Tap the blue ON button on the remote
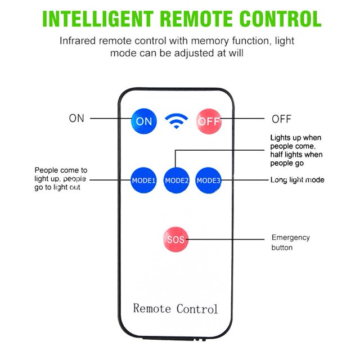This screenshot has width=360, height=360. pyautogui.click(x=144, y=121)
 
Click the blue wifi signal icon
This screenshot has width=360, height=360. pyautogui.click(x=176, y=121)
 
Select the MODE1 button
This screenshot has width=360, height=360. pyautogui.click(x=143, y=180)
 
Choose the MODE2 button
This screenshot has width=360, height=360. pyautogui.click(x=176, y=181)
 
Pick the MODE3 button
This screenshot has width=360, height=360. pyautogui.click(x=208, y=181)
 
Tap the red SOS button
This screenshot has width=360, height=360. pyautogui.click(x=175, y=240)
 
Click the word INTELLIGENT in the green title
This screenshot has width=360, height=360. pyautogui.click(x=98, y=19)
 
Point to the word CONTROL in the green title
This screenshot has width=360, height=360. pyautogui.click(x=280, y=19)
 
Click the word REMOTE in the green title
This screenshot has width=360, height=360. pyautogui.click(x=197, y=19)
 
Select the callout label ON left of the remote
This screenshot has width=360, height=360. pyautogui.click(x=76, y=118)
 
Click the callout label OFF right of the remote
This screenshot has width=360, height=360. pyautogui.click(x=281, y=119)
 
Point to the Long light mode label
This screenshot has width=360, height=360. pyautogui.click(x=298, y=180)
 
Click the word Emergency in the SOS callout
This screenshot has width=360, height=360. pyautogui.click(x=291, y=237)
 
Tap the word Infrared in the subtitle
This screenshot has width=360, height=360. pyautogui.click(x=78, y=41)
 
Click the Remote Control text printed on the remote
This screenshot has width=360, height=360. pyautogui.click(x=175, y=308)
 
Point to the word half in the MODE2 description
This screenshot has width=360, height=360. pyautogui.click(x=276, y=155)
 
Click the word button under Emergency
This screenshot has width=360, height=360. pyautogui.click(x=282, y=247)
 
